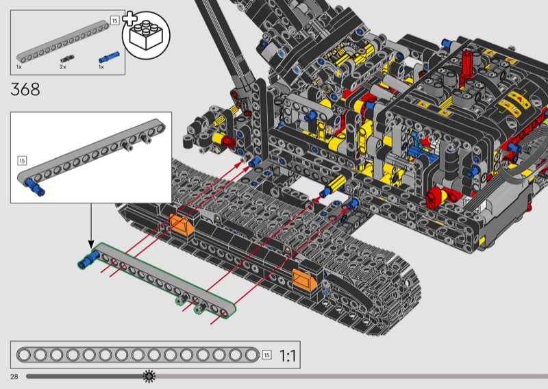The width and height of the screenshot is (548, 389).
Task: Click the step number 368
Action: click(25, 90)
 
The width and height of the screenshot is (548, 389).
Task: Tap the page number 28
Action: click(14, 377)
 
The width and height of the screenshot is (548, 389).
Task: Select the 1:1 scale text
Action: click(288, 356)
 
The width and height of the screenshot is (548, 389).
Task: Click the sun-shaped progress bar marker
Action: click(149, 376)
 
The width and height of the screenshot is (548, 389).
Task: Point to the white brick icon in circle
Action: click(147, 36)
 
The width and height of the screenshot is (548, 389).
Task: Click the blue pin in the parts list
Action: click(109, 57)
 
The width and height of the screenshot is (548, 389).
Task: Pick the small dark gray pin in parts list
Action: click(67, 58)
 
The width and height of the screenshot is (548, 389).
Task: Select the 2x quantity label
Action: click(62, 66)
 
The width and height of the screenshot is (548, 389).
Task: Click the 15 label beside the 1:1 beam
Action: click(266, 355)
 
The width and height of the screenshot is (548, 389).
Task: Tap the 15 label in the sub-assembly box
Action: click(22, 161)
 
